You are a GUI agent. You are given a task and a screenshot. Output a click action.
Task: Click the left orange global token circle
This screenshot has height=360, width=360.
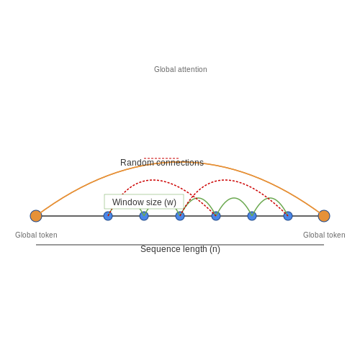[36, 216]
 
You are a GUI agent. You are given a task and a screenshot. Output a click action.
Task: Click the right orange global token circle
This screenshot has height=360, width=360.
[324, 216]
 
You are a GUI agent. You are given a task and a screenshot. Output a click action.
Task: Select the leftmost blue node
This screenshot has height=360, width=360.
[108, 216]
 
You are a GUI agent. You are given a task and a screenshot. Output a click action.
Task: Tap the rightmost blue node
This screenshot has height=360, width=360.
[288, 216]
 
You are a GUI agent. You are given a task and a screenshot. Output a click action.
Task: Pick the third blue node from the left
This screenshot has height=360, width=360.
[180, 216]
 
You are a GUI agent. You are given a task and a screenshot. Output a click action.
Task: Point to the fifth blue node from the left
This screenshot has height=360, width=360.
[252, 216]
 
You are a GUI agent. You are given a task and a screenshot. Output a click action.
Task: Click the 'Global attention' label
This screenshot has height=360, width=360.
[181, 69]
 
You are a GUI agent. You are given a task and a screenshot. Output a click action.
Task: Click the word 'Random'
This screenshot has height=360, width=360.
[137, 163]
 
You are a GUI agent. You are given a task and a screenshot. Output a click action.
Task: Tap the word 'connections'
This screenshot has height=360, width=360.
[180, 163]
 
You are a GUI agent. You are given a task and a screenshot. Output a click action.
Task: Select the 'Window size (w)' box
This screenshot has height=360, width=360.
[144, 202]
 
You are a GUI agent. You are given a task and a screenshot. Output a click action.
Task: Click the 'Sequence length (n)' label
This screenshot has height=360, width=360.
[180, 249]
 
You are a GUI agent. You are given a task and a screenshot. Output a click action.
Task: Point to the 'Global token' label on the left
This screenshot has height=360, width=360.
[36, 235]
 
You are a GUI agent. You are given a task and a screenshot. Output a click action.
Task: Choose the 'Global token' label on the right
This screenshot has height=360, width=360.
[324, 235]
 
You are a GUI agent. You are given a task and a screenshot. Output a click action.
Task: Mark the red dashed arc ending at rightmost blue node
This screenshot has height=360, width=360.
[225, 180]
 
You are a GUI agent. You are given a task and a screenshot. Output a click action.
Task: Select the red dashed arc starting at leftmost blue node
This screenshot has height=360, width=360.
[153, 180]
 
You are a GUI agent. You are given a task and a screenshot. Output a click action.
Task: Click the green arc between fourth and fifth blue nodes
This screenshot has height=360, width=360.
[234, 198]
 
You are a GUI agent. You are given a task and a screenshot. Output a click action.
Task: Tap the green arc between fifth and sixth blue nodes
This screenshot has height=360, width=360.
[270, 198]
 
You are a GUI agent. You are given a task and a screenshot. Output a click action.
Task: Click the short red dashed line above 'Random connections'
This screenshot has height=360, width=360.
[161, 158]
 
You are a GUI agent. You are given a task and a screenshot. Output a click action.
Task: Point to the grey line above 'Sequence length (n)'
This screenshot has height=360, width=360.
[180, 245]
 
